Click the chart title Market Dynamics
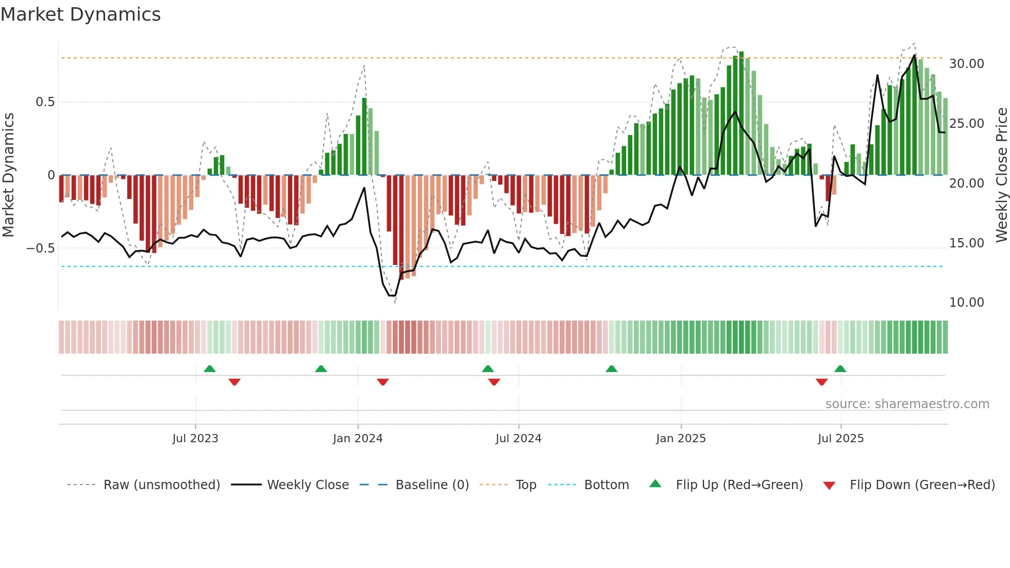click(80, 14)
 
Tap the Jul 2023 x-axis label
click(195, 439)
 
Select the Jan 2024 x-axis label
click(358, 439)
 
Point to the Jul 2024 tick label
click(518, 439)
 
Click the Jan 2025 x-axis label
click(681, 439)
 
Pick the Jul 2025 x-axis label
click(840, 439)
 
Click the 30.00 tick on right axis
click(966, 64)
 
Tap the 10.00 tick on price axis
click(966, 303)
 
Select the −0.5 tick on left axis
click(40, 248)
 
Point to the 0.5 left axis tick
click(45, 102)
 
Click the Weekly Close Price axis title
click(1001, 175)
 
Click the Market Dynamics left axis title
click(8, 175)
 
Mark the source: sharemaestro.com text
click(907, 404)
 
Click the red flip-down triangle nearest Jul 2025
click(822, 382)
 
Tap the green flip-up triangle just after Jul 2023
click(210, 369)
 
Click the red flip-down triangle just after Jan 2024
click(382, 382)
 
